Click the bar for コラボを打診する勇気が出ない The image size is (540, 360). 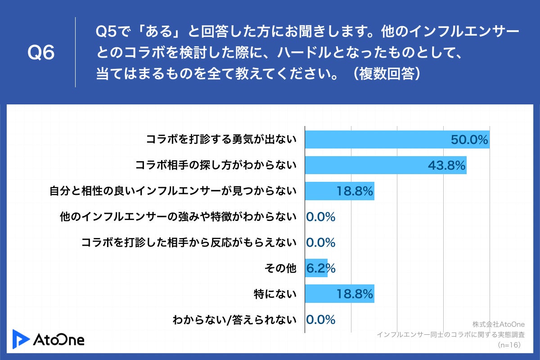click(378, 139)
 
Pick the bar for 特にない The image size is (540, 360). click(324, 294)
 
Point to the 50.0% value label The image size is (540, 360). click(469, 140)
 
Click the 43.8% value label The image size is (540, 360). click(446, 166)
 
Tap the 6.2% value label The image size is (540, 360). click(321, 269)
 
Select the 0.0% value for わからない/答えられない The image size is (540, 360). click(321, 320)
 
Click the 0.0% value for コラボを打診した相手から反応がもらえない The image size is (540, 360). click(321, 243)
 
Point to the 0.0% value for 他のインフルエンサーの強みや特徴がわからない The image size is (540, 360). click(321, 217)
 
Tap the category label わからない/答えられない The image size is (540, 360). click(234, 320)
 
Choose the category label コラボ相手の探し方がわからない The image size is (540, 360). click(216, 166)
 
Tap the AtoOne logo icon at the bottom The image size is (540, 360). click(21, 338)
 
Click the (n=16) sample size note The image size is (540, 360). click(509, 345)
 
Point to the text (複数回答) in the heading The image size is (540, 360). click(387, 73)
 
